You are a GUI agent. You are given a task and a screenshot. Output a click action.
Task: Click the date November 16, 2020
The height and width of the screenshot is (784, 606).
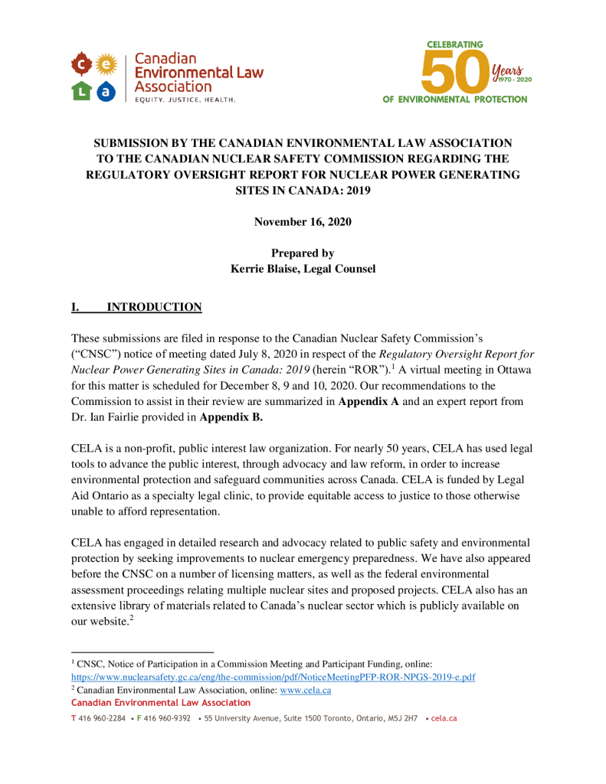point(303,221)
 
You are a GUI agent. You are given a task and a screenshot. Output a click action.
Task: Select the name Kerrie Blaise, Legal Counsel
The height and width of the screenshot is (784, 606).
point(303,268)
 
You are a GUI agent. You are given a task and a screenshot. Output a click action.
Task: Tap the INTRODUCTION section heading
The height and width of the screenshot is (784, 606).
point(154,307)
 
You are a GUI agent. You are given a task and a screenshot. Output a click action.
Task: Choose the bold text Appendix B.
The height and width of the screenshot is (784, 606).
point(231,418)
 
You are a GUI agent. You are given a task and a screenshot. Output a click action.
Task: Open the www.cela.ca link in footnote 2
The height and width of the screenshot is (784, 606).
point(305,690)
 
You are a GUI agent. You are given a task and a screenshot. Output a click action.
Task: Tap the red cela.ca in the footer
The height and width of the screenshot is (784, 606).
point(444,719)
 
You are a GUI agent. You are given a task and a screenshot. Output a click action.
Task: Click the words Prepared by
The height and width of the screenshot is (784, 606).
point(303,253)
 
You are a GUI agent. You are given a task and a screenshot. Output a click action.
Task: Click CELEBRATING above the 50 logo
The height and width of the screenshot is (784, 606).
point(454,44)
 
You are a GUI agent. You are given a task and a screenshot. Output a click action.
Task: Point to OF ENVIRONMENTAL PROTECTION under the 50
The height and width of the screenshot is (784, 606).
point(455,100)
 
